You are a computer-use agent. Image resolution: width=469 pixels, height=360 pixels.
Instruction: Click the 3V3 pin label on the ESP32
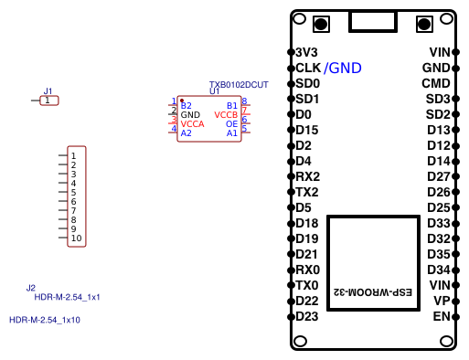pyautogui.click(x=306, y=52)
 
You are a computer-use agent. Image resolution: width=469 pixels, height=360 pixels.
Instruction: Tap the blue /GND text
pyautogui.click(x=343, y=69)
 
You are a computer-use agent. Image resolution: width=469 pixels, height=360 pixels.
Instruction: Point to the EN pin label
pyautogui.click(x=442, y=316)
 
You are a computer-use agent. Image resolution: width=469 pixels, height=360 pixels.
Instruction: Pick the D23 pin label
pyautogui.click(x=307, y=316)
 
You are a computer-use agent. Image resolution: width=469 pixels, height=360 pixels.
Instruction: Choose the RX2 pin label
pyautogui.click(x=308, y=176)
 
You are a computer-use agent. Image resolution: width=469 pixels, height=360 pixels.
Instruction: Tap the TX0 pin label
pyautogui.click(x=308, y=285)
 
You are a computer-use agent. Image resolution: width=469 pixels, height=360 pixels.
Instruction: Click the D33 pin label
pyautogui.click(x=439, y=223)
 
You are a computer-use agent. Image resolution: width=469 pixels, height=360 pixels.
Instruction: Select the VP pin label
pyautogui.click(x=442, y=301)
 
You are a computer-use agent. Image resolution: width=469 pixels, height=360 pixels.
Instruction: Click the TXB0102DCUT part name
pyautogui.click(x=239, y=84)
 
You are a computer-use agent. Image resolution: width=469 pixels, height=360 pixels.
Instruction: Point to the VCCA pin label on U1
pyautogui.click(x=193, y=123)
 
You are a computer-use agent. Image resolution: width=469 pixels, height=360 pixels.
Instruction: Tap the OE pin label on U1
pyautogui.click(x=231, y=123)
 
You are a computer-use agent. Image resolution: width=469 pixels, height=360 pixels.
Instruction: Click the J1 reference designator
pyautogui.click(x=48, y=91)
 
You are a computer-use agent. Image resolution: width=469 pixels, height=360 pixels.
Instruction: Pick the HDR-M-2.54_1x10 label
pyautogui.click(x=45, y=320)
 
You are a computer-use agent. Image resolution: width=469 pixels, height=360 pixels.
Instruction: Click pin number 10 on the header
pyautogui.click(x=77, y=238)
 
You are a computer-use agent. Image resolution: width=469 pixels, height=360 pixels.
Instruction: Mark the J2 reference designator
pyautogui.click(x=31, y=288)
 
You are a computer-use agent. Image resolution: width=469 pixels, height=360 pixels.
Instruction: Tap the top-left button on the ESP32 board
pyautogui.click(x=321, y=24)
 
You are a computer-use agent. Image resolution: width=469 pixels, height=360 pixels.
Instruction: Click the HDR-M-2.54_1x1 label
pyautogui.click(x=68, y=297)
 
